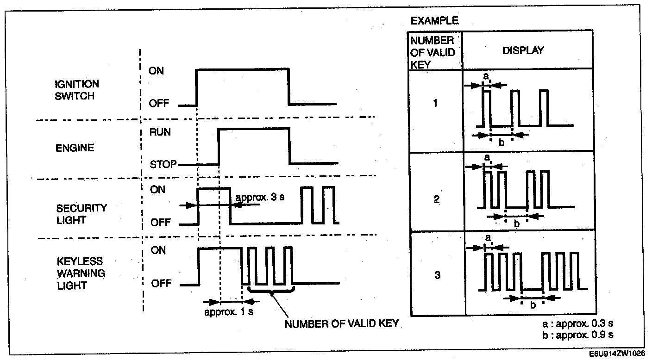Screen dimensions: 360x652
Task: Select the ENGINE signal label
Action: point(75,148)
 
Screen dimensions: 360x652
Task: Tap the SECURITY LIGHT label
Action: point(81,214)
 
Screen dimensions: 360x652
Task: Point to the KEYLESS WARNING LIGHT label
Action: point(81,273)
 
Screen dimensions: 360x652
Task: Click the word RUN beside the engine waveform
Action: point(160,132)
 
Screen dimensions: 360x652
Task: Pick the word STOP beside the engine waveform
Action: point(163,164)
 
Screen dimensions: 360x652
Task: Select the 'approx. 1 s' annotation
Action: point(229,312)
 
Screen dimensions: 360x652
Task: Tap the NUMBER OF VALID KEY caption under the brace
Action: point(341,324)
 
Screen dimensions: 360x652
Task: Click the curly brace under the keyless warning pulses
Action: point(271,292)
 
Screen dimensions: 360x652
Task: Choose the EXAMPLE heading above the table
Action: point(434,21)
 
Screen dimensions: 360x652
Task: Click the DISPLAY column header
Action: point(523,50)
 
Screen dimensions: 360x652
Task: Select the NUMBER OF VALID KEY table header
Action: point(433,52)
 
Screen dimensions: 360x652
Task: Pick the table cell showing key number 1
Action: point(435,103)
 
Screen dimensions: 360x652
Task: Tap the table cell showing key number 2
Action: point(436,200)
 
